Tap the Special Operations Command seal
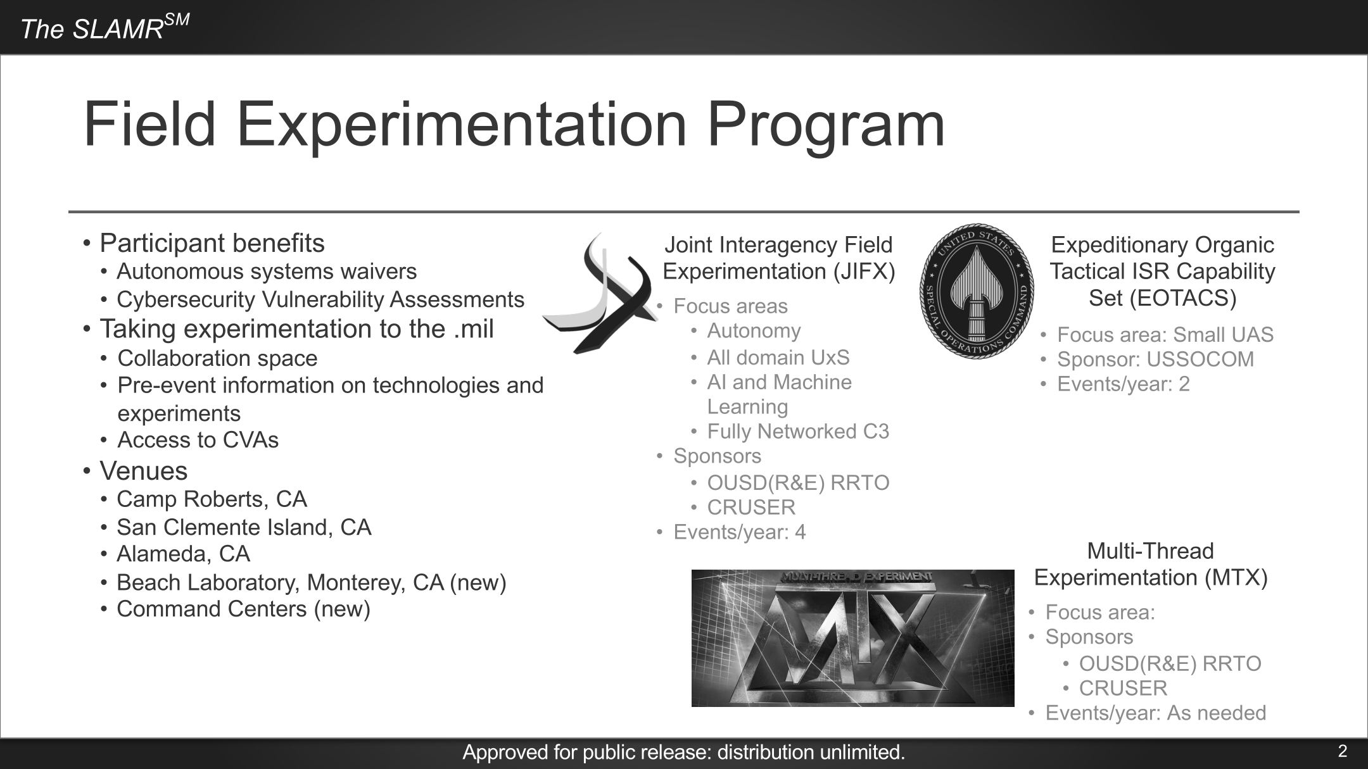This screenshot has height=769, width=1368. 977,291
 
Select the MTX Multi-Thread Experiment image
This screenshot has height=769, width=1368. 852,638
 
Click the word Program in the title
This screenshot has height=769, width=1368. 826,125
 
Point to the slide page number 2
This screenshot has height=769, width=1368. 1342,751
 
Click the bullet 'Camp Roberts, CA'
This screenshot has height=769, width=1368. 212,499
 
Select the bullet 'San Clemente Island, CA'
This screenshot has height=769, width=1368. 244,527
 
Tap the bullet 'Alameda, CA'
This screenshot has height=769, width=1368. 183,554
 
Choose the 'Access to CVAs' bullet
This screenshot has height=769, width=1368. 198,440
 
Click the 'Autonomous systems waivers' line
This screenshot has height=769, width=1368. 267,271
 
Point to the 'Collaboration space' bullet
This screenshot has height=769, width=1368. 217,358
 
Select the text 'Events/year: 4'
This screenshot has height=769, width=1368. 740,532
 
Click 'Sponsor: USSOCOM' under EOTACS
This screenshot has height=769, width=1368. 1155,359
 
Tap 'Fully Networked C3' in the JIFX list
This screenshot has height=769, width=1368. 798,431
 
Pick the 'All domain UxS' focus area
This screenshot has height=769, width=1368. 778,357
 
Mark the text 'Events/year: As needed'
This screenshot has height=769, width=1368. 1156,713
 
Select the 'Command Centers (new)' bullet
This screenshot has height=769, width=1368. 243,609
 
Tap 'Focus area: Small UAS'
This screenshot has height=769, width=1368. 1165,334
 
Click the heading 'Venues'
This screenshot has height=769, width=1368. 143,471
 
